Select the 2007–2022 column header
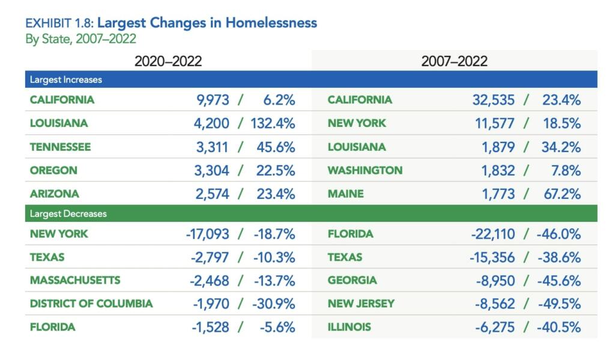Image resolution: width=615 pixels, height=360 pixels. (x=454, y=61)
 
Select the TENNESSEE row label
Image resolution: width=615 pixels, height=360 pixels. (x=60, y=147)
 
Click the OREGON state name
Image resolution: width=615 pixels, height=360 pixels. (x=53, y=170)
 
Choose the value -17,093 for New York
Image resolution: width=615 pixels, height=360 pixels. (x=207, y=234)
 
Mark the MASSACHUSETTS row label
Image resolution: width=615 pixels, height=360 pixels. (x=75, y=280)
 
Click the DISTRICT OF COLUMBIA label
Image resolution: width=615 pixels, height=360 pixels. (x=91, y=304)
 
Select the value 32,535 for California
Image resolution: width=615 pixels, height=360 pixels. (x=493, y=100)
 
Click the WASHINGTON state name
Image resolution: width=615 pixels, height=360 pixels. (x=365, y=170)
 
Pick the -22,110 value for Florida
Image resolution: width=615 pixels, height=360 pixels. (x=492, y=234)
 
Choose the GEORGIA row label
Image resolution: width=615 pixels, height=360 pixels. (x=353, y=280)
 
